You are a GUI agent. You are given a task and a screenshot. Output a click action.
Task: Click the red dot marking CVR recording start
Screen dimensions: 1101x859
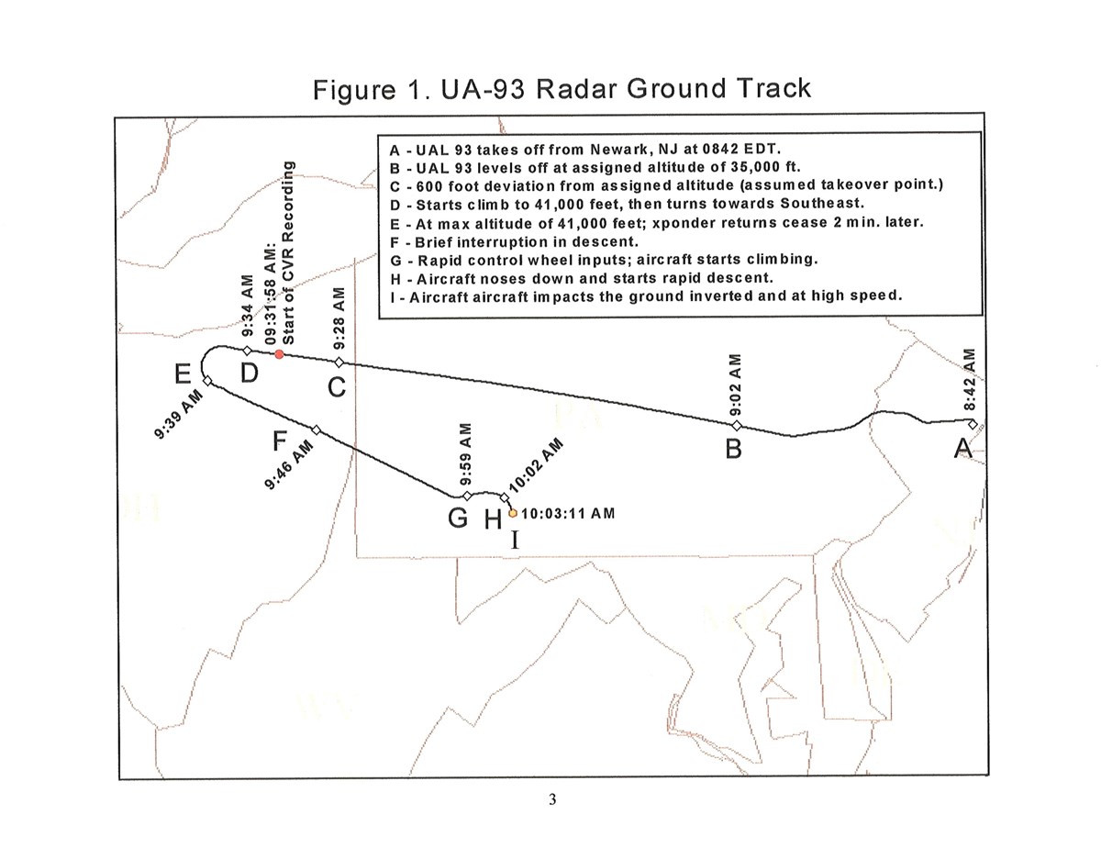click(279, 354)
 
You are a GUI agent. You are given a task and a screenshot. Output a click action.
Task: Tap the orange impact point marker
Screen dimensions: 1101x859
click(513, 513)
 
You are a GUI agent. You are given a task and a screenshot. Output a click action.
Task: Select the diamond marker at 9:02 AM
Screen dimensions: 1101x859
click(737, 425)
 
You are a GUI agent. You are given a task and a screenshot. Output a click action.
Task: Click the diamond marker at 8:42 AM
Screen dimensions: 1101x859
click(973, 424)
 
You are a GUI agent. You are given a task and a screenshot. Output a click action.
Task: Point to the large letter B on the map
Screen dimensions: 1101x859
click(733, 449)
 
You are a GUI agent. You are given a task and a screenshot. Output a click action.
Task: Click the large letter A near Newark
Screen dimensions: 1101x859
click(962, 448)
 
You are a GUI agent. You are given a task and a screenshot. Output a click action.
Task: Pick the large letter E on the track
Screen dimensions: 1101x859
click(183, 374)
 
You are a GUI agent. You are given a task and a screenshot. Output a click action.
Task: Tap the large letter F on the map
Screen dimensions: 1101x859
click(280, 441)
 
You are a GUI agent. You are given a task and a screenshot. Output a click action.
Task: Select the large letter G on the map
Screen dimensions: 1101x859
click(458, 518)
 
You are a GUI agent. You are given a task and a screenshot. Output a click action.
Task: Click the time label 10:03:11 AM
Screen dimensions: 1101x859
click(568, 513)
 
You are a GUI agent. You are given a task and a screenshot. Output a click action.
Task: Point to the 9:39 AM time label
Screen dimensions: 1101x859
click(178, 414)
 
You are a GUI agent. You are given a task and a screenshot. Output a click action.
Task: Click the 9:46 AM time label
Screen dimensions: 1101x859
click(288, 464)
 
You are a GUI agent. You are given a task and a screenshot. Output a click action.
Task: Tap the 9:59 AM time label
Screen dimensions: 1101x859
click(466, 454)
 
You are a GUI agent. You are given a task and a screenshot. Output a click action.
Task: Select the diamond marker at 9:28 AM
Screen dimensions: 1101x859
click(339, 362)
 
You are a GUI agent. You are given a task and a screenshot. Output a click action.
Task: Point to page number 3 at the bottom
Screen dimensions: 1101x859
click(551, 799)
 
